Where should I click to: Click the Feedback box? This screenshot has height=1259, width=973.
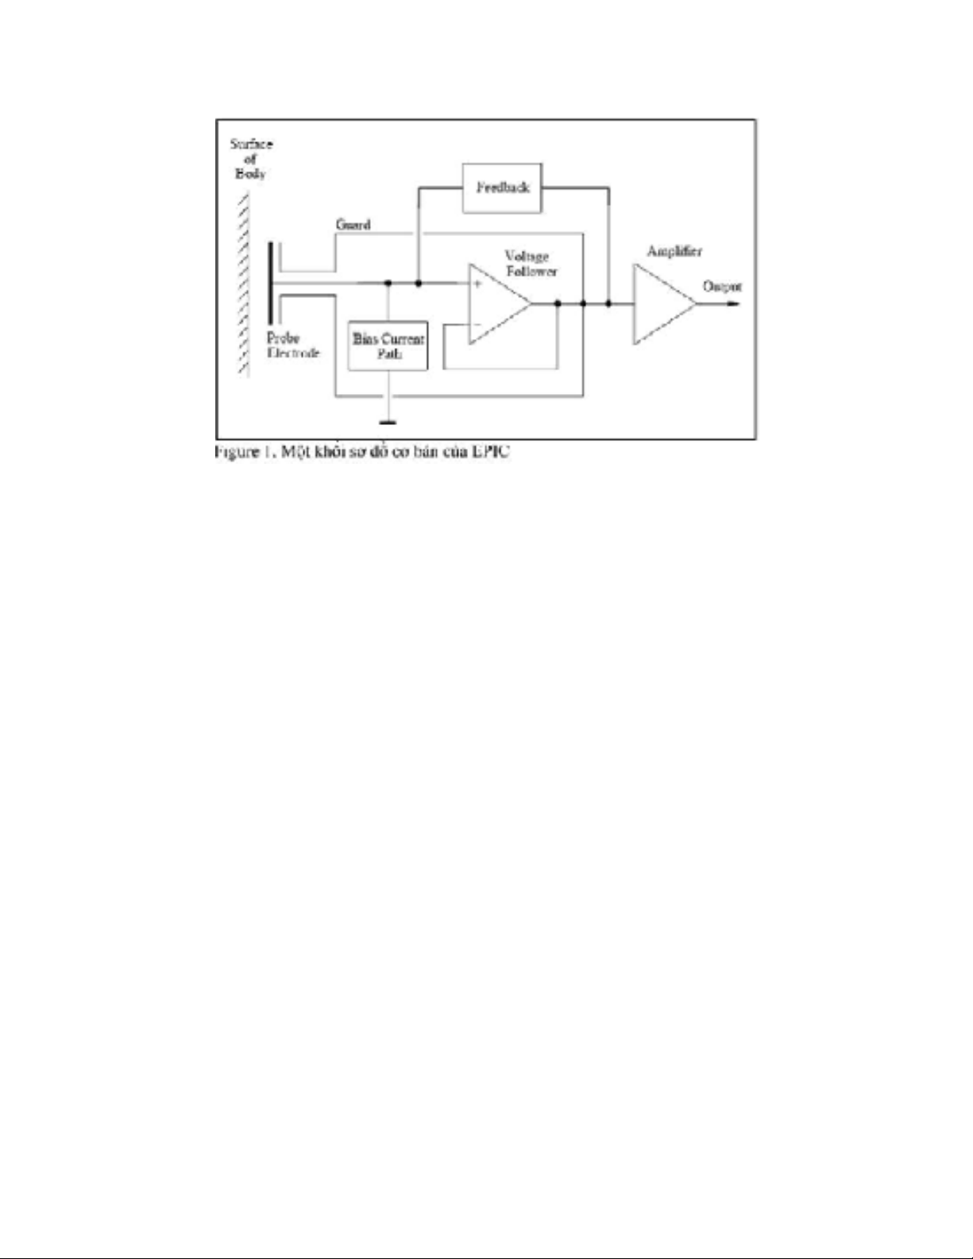coord(502,188)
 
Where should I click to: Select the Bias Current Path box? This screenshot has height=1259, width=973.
coord(388,346)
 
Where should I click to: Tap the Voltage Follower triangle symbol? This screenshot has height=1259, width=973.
coord(497,304)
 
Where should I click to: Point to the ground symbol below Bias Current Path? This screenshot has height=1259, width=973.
coord(388,422)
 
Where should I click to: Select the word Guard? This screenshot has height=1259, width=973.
coord(353,225)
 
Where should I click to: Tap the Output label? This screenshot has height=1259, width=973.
coord(722,286)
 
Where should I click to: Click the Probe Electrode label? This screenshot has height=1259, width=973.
coord(292,346)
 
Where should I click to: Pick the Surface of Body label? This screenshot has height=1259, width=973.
coord(250,159)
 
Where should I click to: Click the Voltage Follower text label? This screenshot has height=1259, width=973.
coord(531,264)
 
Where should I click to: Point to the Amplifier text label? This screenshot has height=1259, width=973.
coord(674,251)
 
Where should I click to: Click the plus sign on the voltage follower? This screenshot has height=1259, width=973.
coord(477,284)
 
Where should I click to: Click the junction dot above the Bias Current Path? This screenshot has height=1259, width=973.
coord(388,283)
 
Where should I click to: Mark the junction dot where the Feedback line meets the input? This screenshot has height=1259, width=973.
coord(419,283)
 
